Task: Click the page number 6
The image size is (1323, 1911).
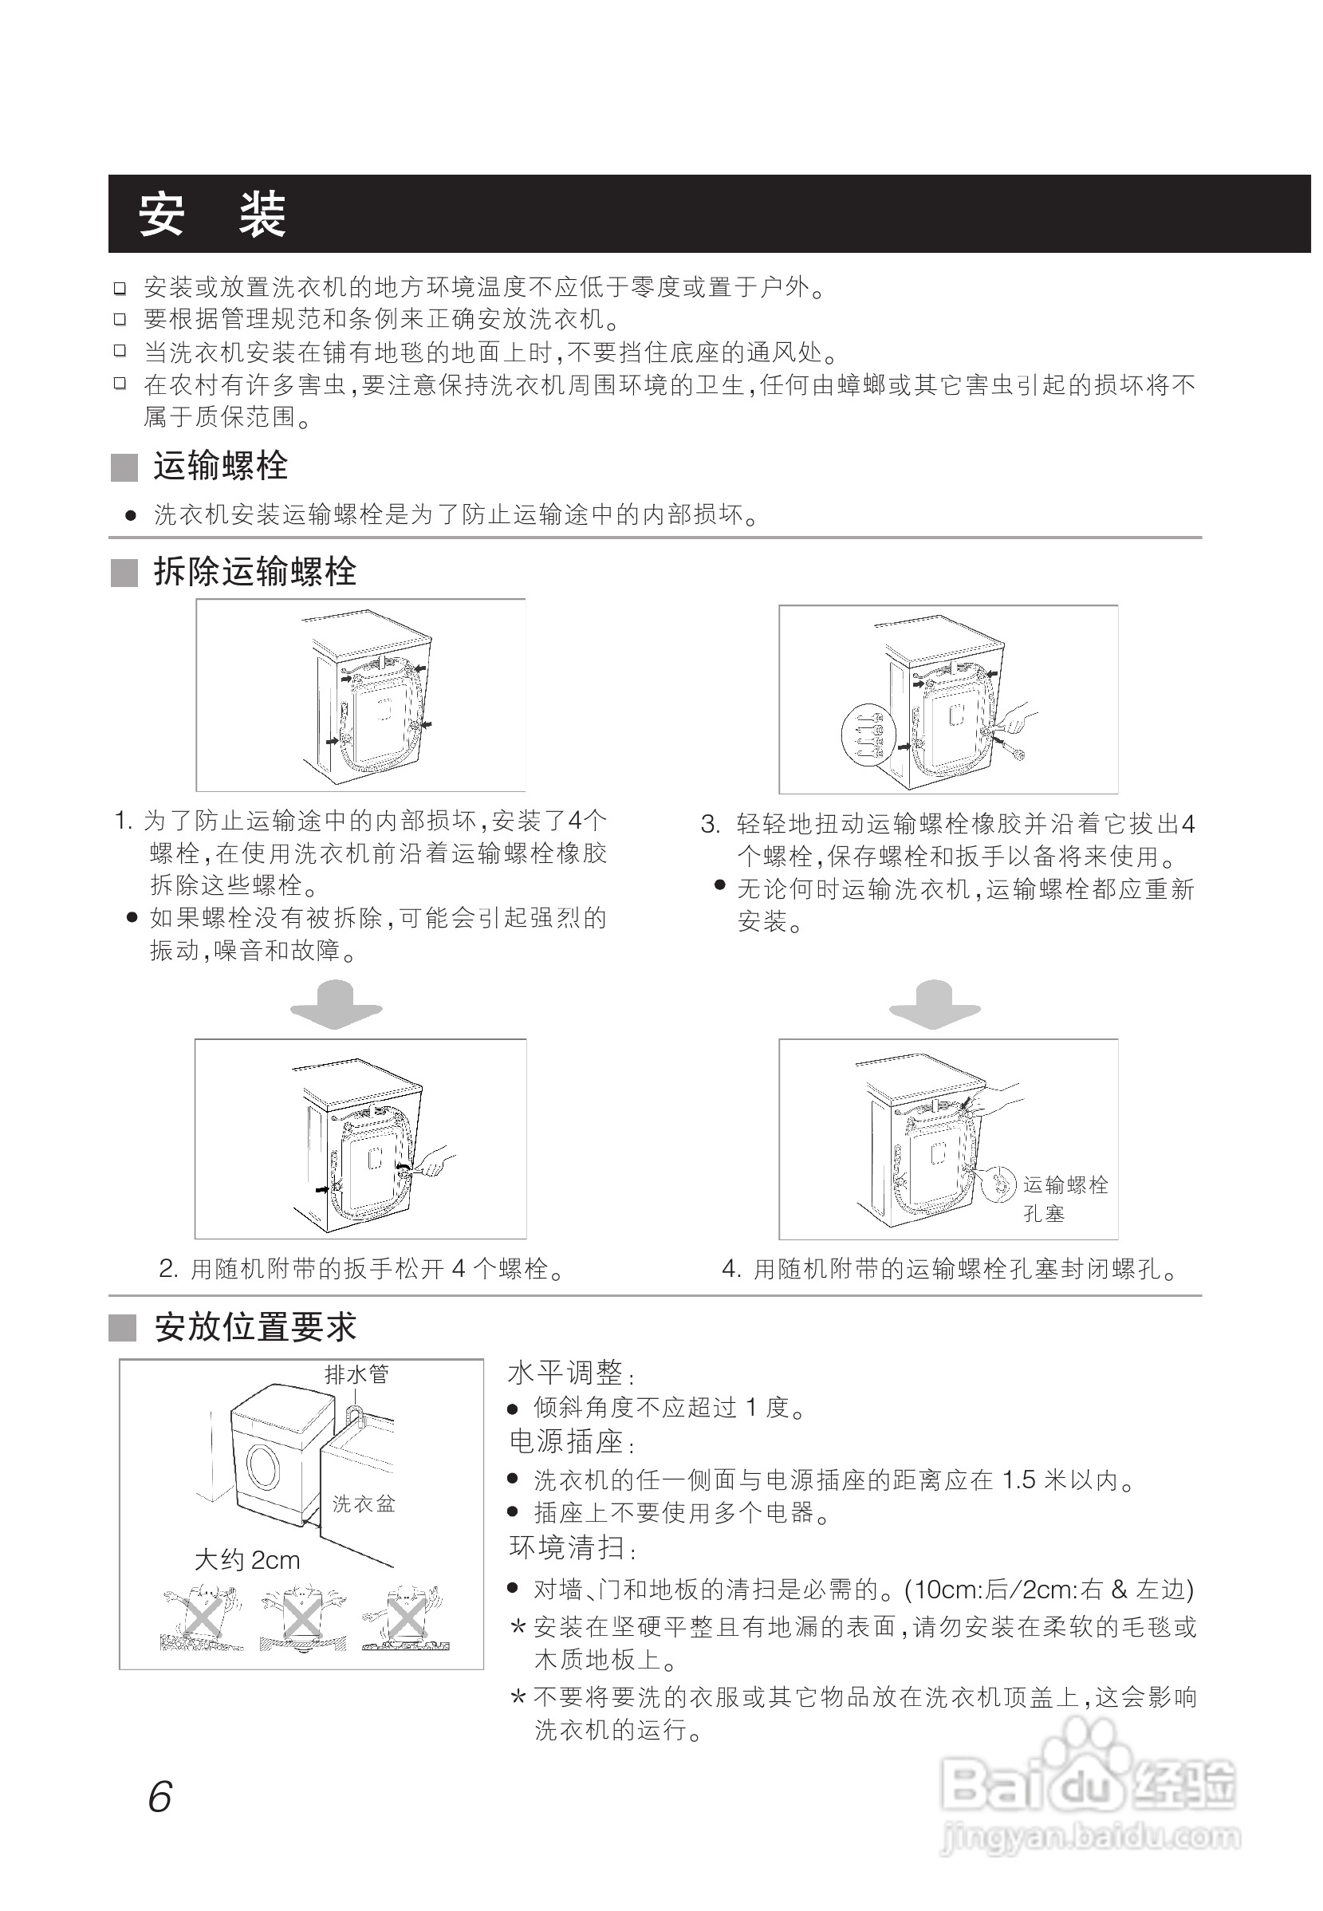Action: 159,1798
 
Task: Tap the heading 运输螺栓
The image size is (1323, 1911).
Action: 220,466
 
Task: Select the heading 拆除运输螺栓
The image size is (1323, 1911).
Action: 254,572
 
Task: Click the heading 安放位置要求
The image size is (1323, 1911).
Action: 255,1326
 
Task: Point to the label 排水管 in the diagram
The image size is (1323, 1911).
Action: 356,1374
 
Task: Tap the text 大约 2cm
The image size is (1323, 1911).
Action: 247,1560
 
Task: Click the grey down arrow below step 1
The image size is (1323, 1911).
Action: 336,1004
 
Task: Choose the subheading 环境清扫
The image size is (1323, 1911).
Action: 568,1547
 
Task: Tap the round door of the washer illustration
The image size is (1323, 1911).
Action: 264,1469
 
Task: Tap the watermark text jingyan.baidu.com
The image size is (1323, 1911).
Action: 1091,1837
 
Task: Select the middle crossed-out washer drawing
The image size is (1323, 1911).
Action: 303,1618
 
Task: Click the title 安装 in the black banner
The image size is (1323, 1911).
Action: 212,215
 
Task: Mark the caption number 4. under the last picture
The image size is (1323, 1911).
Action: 731,1268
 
